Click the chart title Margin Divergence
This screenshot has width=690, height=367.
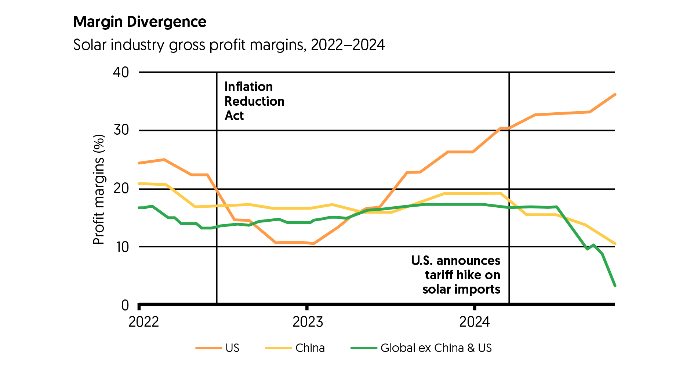140,22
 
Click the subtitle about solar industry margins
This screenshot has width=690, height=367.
229,45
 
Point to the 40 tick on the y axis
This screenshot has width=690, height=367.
121,72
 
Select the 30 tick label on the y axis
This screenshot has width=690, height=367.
121,130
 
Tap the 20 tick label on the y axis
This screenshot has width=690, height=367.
121,189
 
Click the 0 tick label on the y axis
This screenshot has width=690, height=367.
125,305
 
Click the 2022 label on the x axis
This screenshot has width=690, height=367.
144,322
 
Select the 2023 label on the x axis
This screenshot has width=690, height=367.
308,322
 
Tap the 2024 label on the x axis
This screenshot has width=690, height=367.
475,322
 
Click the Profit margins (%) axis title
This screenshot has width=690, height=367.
99,189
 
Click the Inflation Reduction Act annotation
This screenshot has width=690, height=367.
254,101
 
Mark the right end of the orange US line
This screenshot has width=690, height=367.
615,95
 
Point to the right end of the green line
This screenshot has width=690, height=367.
615,286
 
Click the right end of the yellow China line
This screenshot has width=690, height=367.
615,244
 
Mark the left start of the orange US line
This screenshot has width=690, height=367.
139,163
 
